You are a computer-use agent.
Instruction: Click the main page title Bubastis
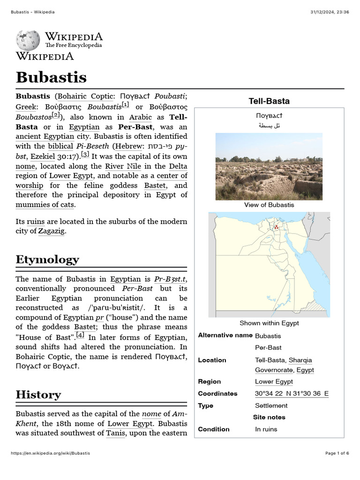point(51,77)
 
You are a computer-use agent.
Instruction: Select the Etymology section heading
point(47,259)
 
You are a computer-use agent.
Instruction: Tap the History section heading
point(38,394)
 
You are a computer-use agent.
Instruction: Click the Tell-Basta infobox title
point(269,101)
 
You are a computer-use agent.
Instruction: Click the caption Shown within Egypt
point(269,323)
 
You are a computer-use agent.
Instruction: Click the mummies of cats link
point(45,204)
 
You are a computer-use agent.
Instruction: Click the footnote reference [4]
point(80,335)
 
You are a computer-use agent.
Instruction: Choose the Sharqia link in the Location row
point(300,360)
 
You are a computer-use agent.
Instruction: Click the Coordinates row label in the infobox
point(217,394)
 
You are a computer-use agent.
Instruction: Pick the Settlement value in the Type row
point(271,405)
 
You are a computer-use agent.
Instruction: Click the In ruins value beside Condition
point(266,429)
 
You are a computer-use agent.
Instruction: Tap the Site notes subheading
point(269,417)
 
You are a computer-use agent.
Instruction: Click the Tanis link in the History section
point(115,433)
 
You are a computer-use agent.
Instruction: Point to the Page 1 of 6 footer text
point(337,453)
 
